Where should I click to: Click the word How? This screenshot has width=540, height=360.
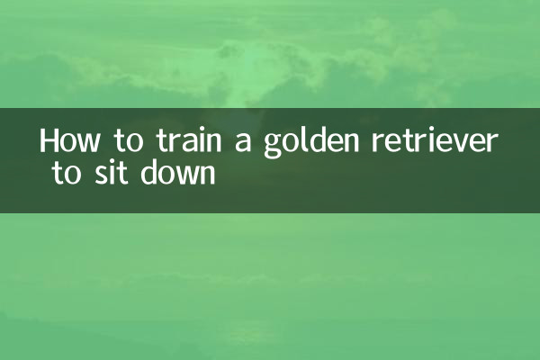70,143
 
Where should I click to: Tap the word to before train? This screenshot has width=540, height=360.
124,143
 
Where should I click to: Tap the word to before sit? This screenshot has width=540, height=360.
65,173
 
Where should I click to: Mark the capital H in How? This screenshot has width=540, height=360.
49,142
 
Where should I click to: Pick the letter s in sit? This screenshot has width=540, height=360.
97,174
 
